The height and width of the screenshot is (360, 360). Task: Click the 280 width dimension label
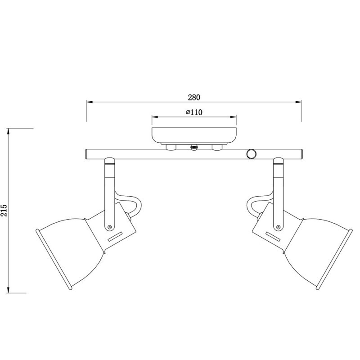point(194,97)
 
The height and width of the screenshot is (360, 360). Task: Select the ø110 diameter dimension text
point(193,112)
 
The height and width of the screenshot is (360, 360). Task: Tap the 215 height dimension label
point(4,210)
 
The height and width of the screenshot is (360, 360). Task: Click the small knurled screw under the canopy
point(194,147)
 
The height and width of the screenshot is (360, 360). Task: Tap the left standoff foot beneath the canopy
point(171,147)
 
